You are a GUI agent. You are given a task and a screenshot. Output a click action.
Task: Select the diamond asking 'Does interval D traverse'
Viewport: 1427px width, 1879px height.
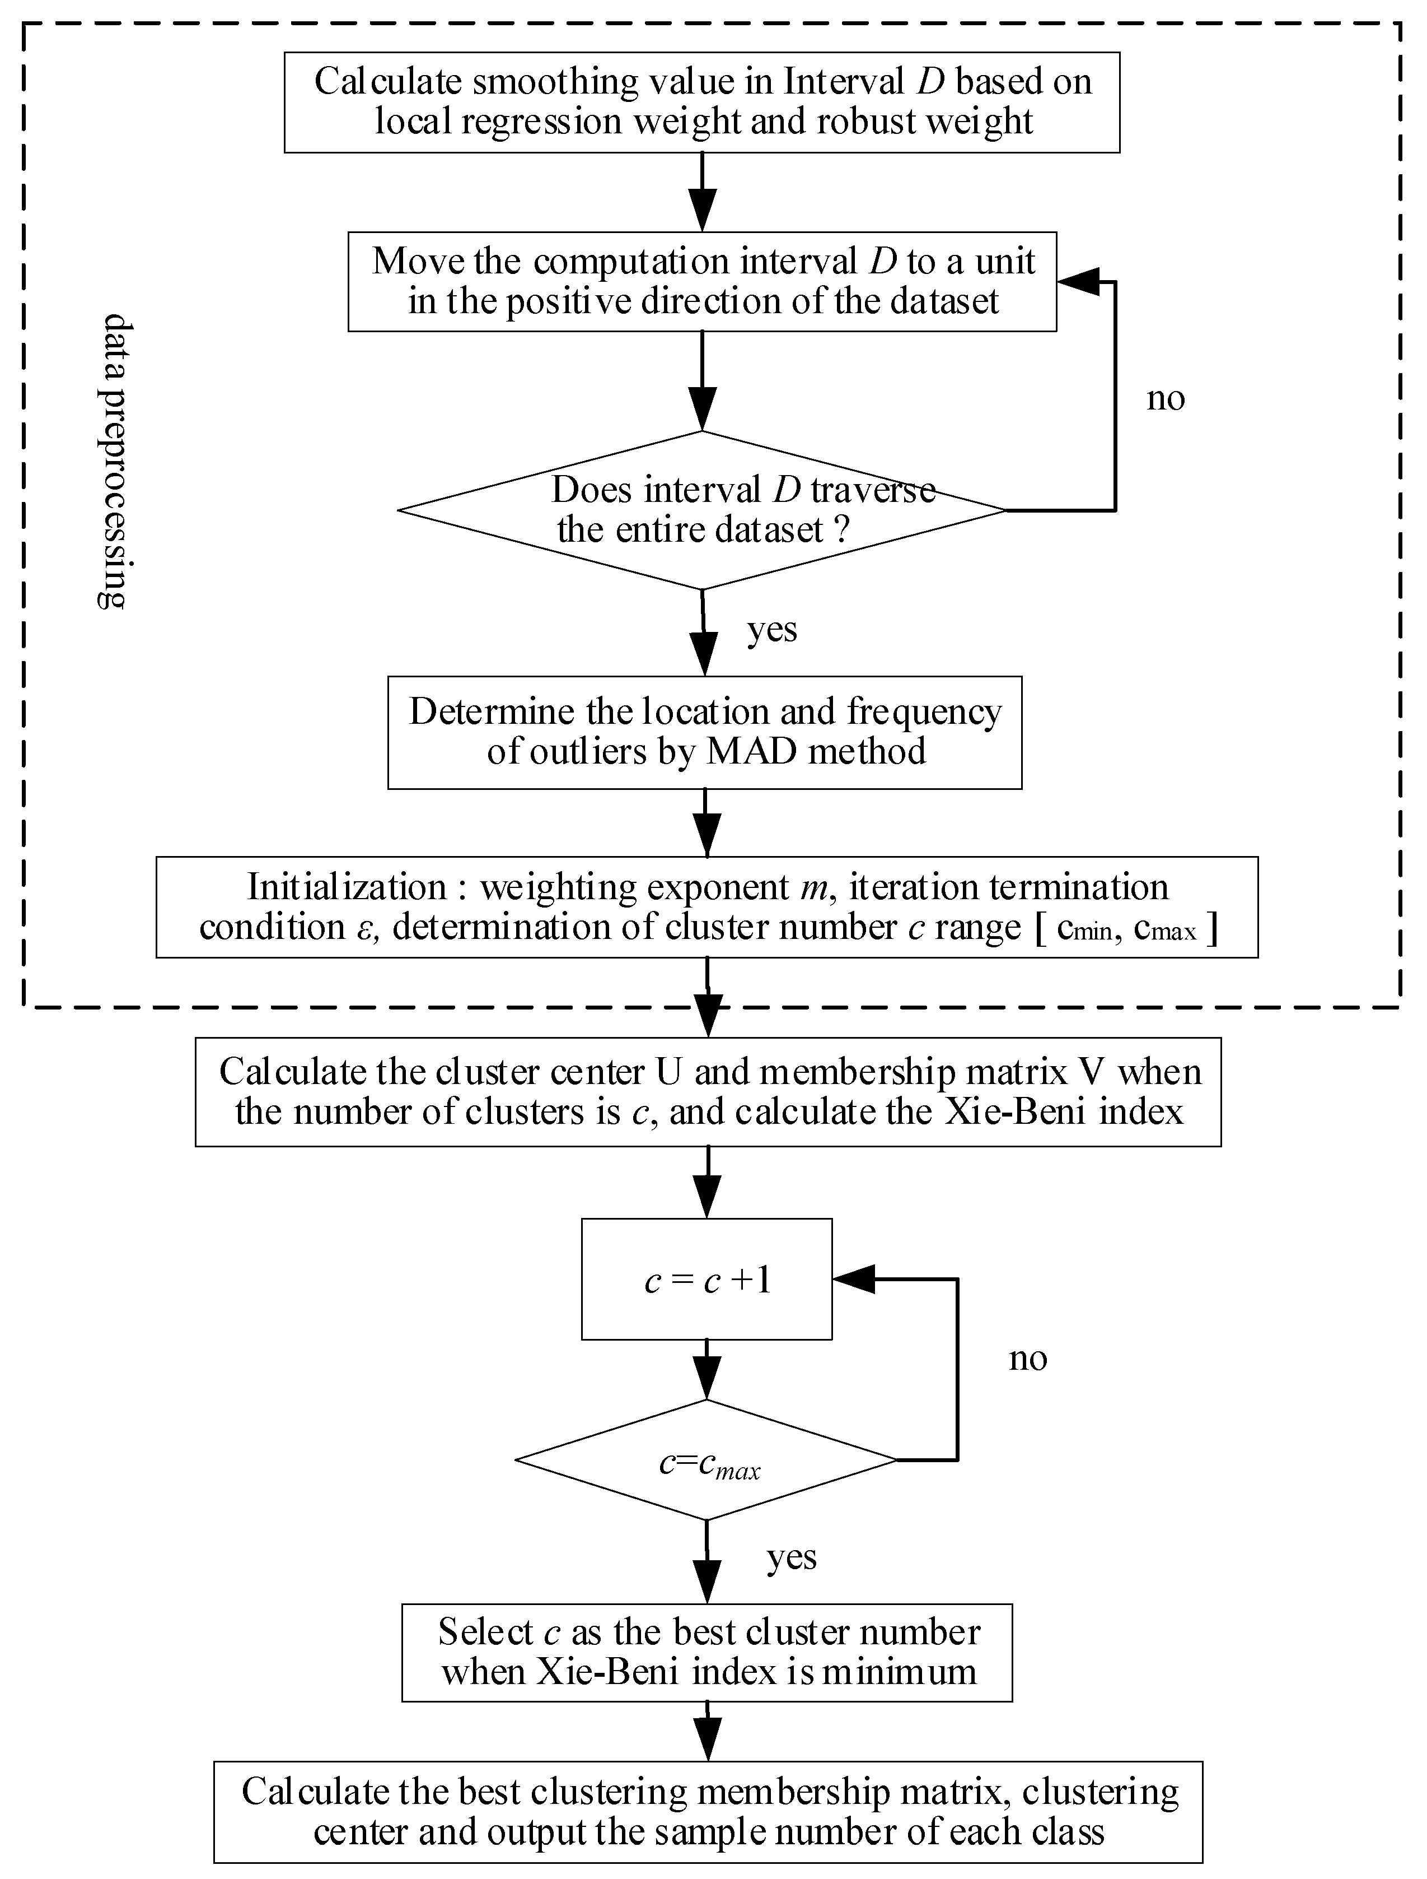tap(701, 510)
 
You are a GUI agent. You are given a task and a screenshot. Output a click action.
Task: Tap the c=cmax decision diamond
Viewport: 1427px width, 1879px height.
tap(707, 1459)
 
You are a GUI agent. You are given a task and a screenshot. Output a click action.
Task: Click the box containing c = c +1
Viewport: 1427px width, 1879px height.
tap(707, 1279)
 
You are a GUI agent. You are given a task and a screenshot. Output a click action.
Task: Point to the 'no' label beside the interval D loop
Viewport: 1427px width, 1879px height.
tap(1166, 398)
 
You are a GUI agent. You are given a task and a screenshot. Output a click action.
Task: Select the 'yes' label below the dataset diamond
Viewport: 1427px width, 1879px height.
tap(772, 630)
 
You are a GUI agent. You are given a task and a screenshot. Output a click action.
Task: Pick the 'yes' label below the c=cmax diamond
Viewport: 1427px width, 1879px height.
tap(792, 1556)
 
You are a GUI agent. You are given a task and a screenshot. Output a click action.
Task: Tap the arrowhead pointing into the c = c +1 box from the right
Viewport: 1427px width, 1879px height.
tap(852, 1278)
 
